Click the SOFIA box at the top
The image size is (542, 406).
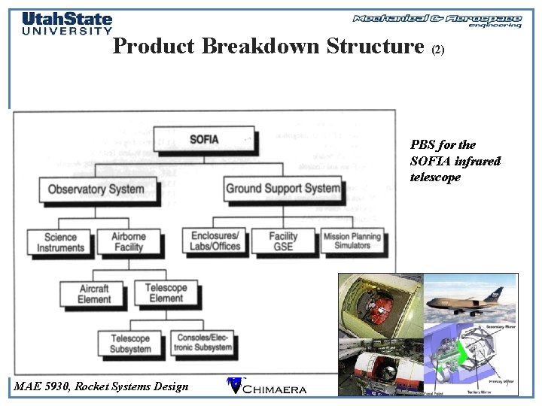(x=205, y=139)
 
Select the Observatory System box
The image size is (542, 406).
(x=96, y=189)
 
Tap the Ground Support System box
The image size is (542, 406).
(x=283, y=188)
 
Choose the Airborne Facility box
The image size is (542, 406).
(x=128, y=241)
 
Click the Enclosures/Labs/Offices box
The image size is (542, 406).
(x=215, y=241)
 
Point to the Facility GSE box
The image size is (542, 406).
(x=284, y=241)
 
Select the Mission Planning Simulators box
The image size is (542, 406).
(x=352, y=241)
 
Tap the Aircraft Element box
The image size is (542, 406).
(x=93, y=293)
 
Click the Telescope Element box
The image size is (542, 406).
(x=166, y=292)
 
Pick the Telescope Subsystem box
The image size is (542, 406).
(x=130, y=344)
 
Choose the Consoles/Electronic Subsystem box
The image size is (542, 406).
(x=202, y=343)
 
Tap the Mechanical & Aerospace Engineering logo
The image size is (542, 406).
(x=437, y=20)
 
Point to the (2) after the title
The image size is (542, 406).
(x=439, y=50)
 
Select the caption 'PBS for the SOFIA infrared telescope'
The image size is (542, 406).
(x=455, y=160)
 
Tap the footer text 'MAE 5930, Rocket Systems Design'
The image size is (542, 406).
(x=102, y=386)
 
